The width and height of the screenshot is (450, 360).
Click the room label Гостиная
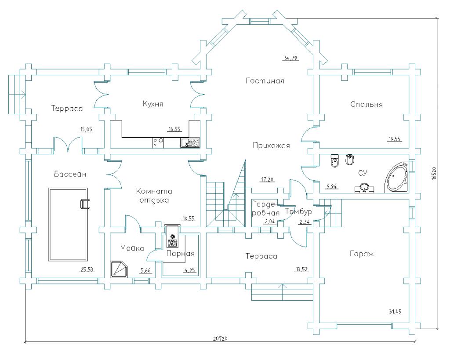[265, 81]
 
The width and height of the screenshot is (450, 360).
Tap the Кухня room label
[153, 104]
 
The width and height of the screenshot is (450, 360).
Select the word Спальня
[367, 104]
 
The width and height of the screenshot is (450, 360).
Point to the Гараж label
[362, 254]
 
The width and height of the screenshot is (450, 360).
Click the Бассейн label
[70, 174]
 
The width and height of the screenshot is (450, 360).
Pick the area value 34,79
[290, 58]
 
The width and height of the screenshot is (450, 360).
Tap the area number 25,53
[87, 269]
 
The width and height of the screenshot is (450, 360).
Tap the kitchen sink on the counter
[190, 142]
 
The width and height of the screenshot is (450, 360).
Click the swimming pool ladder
[84, 204]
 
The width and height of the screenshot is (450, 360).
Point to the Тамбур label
[298, 212]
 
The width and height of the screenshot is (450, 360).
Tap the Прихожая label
[271, 146]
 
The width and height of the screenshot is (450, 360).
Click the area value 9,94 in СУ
[331, 186]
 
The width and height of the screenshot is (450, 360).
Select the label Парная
[180, 254]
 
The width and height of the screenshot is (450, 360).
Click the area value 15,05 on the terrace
[86, 129]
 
